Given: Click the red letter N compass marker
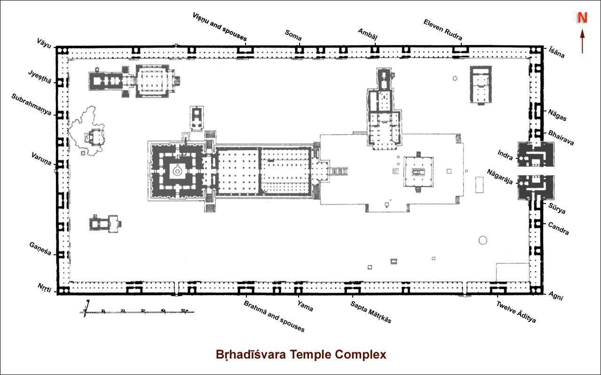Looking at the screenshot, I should pyautogui.click(x=583, y=18).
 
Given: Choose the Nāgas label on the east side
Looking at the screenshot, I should pyautogui.click(x=557, y=115).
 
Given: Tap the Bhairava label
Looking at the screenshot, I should pyautogui.click(x=561, y=137).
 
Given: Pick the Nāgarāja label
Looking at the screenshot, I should pyautogui.click(x=500, y=176).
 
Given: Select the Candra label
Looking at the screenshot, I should pyautogui.click(x=559, y=228).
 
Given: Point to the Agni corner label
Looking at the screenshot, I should pyautogui.click(x=556, y=296).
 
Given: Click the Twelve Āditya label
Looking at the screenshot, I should pyautogui.click(x=516, y=312).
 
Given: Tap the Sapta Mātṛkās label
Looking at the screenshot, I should pyautogui.click(x=371, y=312).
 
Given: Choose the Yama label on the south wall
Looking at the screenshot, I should pyautogui.click(x=305, y=306).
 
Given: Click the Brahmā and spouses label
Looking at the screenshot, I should pyautogui.click(x=274, y=316).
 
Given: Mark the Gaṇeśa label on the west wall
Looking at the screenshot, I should pyautogui.click(x=40, y=249).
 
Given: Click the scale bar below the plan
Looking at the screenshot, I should pyautogui.click(x=139, y=312).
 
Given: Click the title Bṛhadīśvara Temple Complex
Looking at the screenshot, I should pyautogui.click(x=301, y=354).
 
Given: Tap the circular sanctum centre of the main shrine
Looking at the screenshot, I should pyautogui.click(x=177, y=172).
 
